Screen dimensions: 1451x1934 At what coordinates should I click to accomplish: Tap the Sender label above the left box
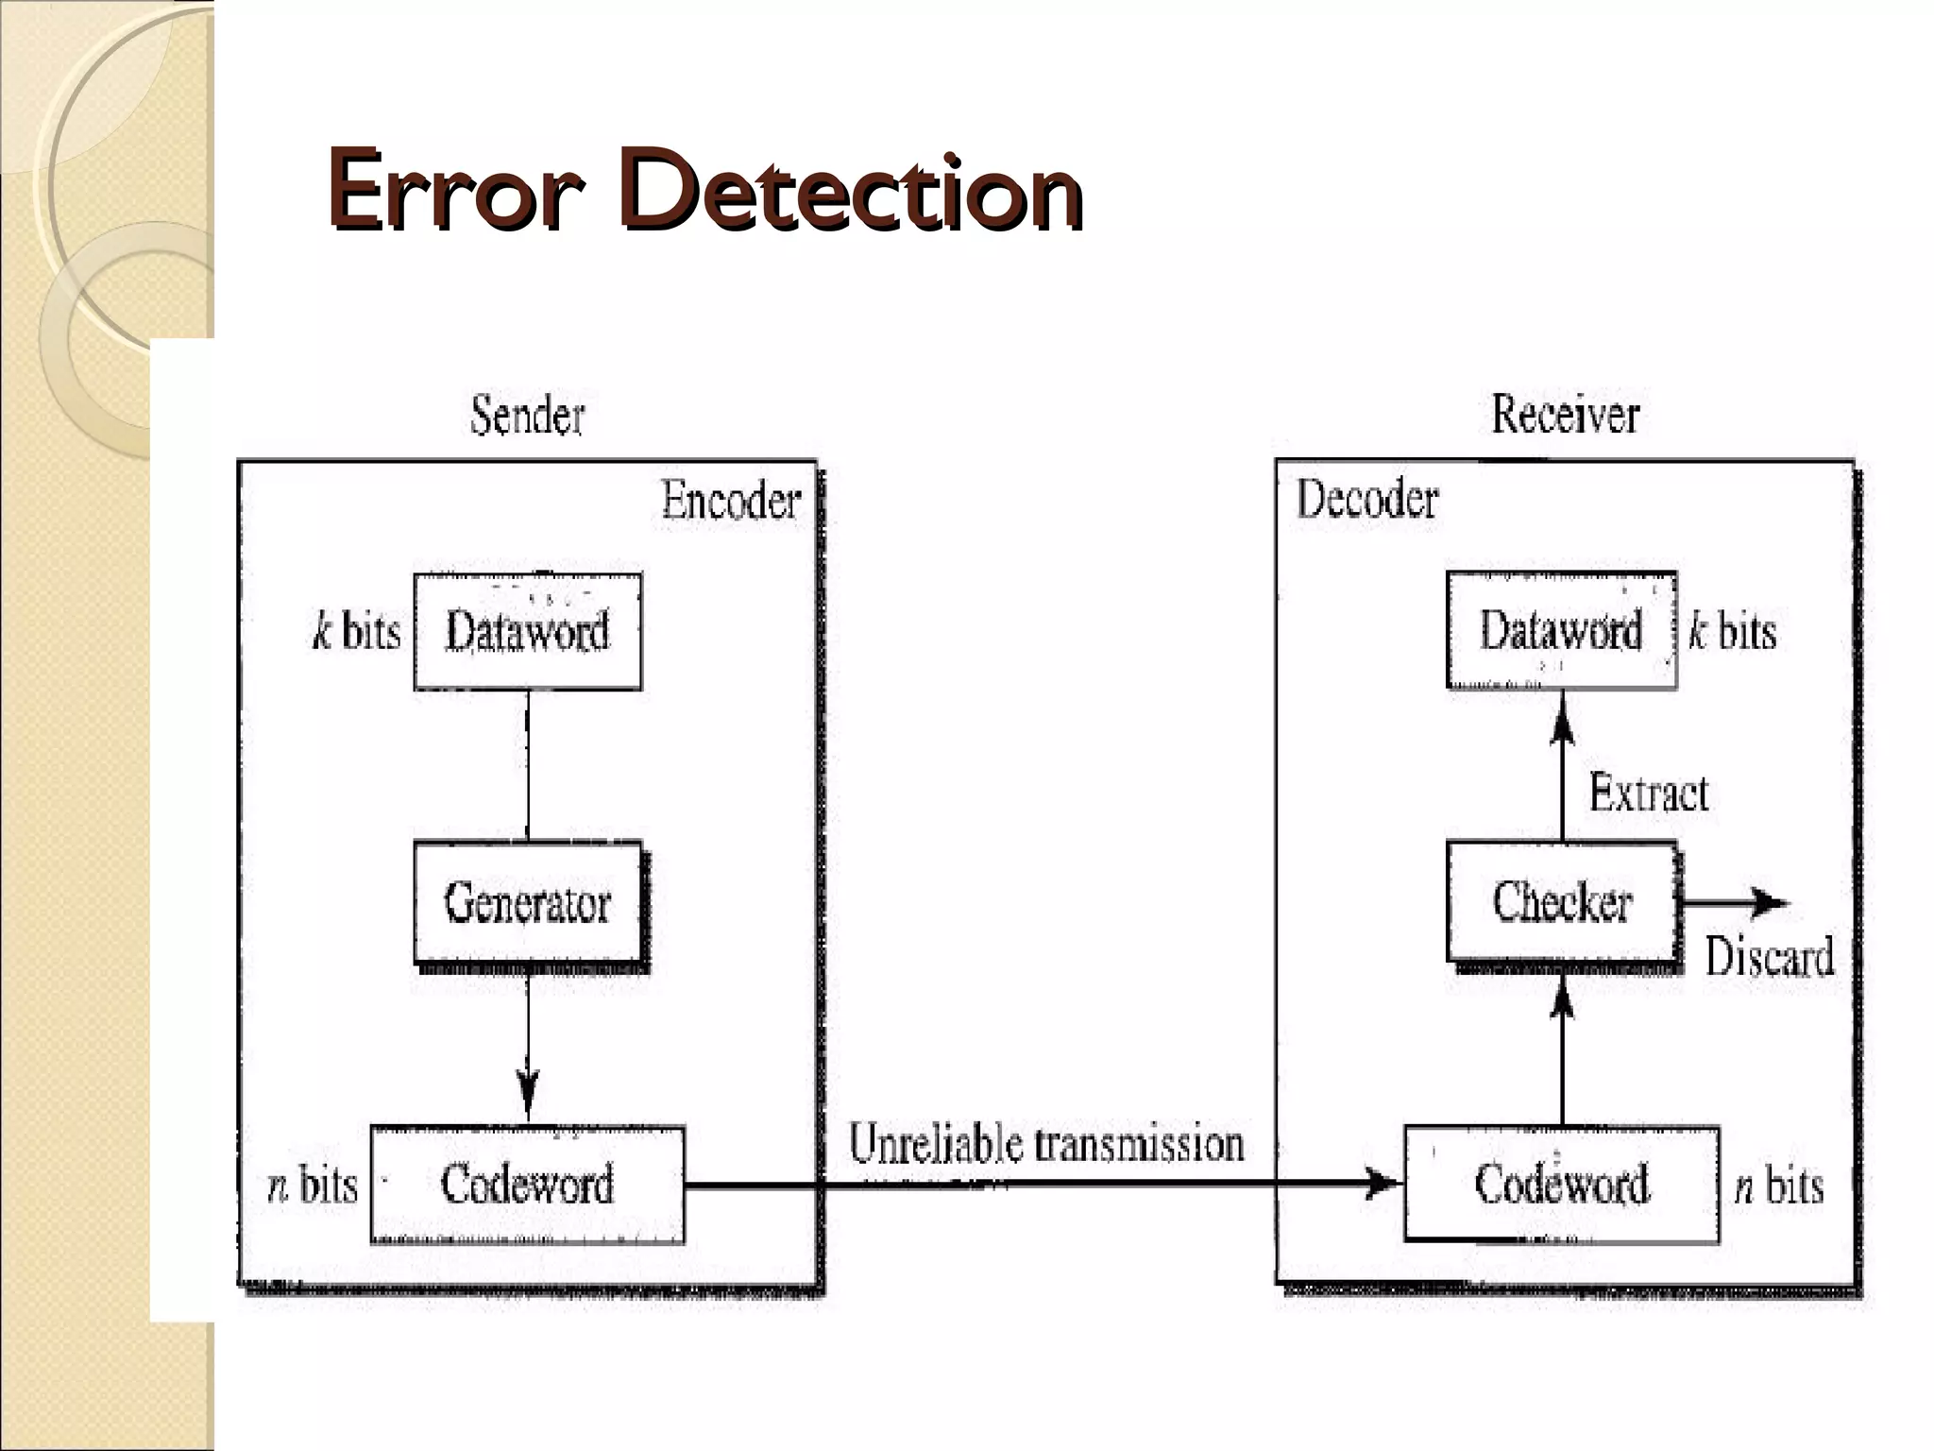(527, 416)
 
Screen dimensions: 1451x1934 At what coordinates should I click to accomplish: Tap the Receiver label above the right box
(1565, 415)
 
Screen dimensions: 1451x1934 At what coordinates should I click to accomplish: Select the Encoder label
(730, 501)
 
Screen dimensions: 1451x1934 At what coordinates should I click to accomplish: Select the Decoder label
(1366, 500)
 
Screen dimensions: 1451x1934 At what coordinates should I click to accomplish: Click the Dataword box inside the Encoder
(528, 631)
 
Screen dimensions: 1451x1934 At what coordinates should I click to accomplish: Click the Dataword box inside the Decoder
(1561, 630)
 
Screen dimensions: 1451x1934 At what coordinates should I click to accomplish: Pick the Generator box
(528, 902)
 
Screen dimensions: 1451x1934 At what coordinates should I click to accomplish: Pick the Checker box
(1562, 902)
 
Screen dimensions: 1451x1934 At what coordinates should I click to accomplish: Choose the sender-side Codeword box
(527, 1184)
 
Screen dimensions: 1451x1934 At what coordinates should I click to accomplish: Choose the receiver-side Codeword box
(1562, 1184)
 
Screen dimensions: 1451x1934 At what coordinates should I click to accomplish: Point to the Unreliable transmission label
(1045, 1144)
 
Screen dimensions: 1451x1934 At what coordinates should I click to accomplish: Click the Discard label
(1769, 956)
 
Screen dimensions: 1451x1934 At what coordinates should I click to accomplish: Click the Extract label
(1648, 793)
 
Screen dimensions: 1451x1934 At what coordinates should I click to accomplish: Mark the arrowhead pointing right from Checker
(1768, 903)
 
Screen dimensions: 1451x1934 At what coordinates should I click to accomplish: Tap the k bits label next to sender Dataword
(356, 631)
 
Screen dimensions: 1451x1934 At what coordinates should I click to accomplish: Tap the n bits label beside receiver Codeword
(1778, 1186)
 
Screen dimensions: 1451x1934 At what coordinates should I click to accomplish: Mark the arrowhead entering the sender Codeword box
(528, 1096)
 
